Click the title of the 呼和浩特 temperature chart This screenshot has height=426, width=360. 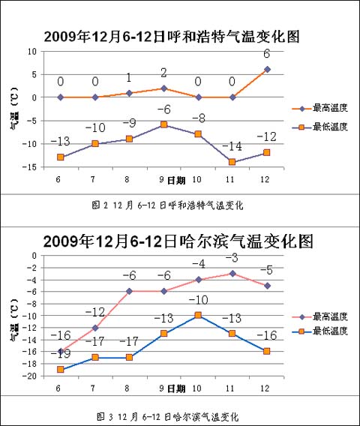[x=172, y=37]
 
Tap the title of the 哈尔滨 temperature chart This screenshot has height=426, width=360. [x=178, y=241]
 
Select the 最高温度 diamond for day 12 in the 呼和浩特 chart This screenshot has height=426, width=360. [x=267, y=69]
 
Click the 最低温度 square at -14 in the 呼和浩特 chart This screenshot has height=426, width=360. [x=232, y=162]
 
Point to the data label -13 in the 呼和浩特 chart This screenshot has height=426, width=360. [x=60, y=141]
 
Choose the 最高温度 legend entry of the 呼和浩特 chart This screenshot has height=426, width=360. [x=320, y=108]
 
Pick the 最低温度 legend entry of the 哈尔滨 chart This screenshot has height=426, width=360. [x=320, y=331]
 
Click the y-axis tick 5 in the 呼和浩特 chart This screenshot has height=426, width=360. [x=34, y=74]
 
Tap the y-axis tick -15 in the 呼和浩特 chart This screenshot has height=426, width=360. [x=30, y=167]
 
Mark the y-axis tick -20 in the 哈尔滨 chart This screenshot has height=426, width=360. [x=30, y=376]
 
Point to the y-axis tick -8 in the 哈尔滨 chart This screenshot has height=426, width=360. [x=31, y=304]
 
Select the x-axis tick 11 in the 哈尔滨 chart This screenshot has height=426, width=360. [x=229, y=388]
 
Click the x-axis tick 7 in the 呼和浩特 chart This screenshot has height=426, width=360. [x=93, y=179]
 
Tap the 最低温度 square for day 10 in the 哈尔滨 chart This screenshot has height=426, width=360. [x=198, y=315]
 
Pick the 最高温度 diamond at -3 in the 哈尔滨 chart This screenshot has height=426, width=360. [x=232, y=273]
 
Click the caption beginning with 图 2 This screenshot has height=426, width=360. [x=167, y=205]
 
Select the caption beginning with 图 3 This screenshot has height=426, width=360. [x=168, y=416]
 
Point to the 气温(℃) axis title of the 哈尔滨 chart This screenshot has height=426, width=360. [x=14, y=320]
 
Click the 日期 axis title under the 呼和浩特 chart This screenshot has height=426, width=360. [x=176, y=180]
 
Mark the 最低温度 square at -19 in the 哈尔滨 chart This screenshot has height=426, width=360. [x=60, y=370]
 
